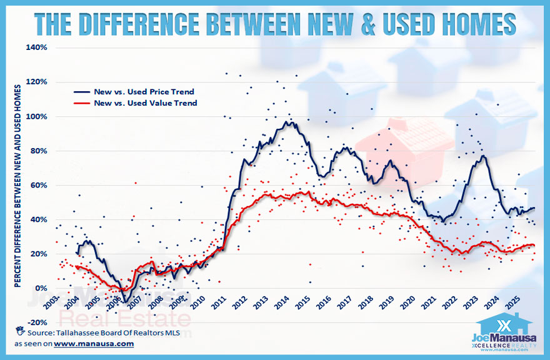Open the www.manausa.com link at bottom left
[x=94, y=344]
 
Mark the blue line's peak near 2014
[x=288, y=122]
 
